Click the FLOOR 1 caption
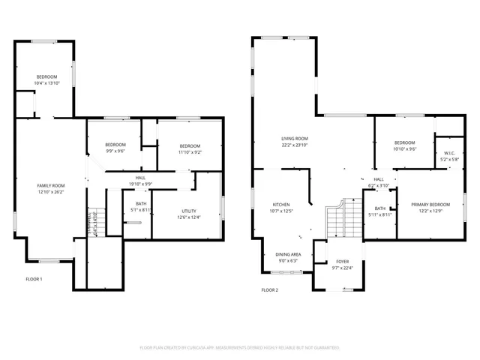tap(34, 280)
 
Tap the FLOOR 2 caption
tap(269, 289)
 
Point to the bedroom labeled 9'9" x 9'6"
tap(115, 148)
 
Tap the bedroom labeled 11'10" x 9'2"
tap(189, 148)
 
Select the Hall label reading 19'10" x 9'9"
tap(140, 181)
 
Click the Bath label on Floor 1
tap(141, 206)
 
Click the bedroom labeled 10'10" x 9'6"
tap(404, 145)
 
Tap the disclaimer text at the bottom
tap(240, 348)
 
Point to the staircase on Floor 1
tap(94, 223)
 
